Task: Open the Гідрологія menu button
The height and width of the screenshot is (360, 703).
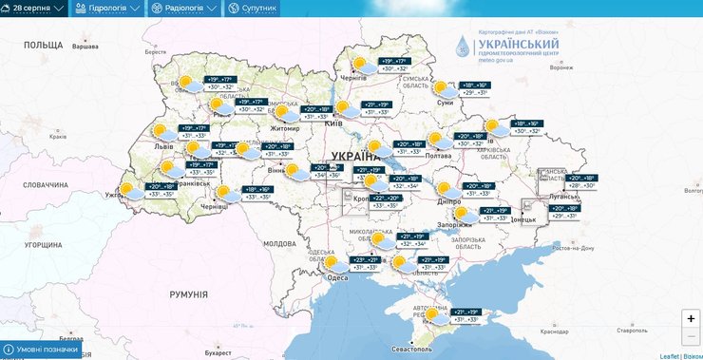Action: [107, 9]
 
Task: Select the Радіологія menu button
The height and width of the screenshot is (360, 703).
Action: [183, 9]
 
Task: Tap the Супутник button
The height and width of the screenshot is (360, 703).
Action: [252, 9]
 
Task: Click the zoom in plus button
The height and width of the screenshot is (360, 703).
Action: [691, 319]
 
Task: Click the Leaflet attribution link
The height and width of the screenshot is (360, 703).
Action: [671, 354]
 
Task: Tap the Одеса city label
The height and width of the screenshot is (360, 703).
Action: [337, 277]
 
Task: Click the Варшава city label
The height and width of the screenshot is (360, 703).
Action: [85, 47]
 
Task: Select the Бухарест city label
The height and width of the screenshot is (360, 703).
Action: [217, 352]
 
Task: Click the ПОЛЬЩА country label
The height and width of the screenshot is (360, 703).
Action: [43, 45]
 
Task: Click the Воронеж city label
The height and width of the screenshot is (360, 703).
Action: [562, 67]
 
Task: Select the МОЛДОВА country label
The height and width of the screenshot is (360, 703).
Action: [280, 244]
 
